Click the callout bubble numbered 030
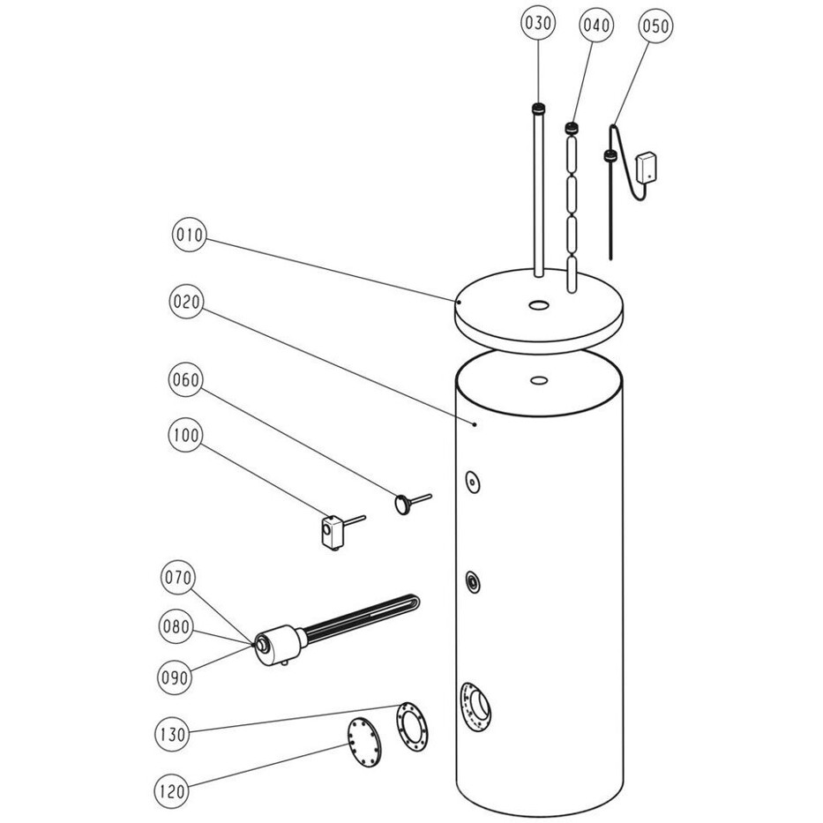(x=538, y=24)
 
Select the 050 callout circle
(x=655, y=26)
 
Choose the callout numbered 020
(x=186, y=302)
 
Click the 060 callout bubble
(x=186, y=379)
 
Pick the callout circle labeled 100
(x=186, y=435)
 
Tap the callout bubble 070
(x=178, y=578)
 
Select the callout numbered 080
(x=176, y=626)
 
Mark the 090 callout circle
(x=175, y=677)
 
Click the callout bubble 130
(x=172, y=734)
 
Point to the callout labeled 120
(x=171, y=791)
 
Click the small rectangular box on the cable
(x=647, y=168)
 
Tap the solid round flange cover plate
(x=364, y=744)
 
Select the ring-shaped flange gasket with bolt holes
(x=412, y=727)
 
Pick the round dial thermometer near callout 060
(x=404, y=505)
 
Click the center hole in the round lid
(x=537, y=304)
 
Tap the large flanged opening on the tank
(x=475, y=706)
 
